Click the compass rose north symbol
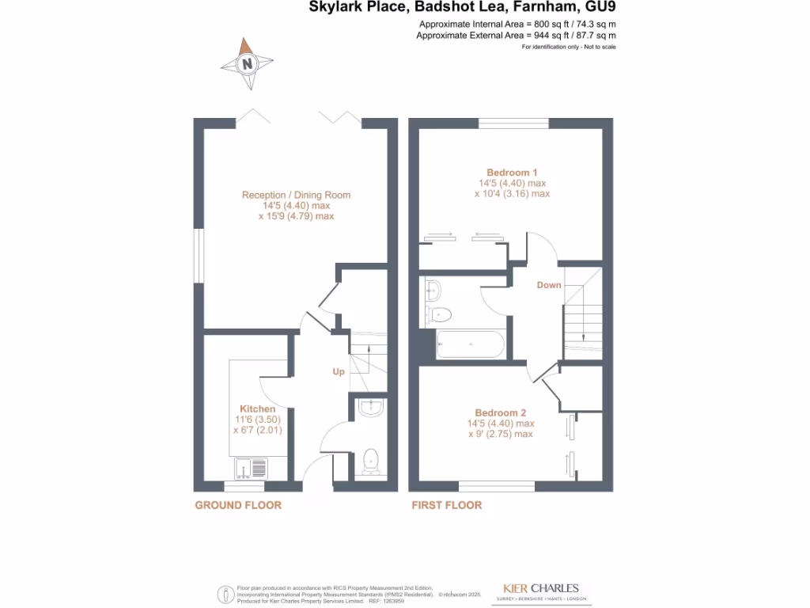point(248,63)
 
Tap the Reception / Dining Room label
point(296,195)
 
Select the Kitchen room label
point(258,408)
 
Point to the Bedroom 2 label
point(500,412)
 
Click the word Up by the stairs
point(338,371)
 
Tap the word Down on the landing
point(548,285)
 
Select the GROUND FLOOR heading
point(238,505)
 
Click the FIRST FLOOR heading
point(445,505)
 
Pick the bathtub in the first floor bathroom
point(470,344)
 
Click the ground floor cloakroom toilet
point(370,462)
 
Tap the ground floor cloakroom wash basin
point(370,408)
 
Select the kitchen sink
point(249,467)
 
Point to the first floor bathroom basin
point(433,291)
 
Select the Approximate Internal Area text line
point(517,24)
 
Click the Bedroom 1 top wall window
point(513,123)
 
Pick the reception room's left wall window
point(200,257)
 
